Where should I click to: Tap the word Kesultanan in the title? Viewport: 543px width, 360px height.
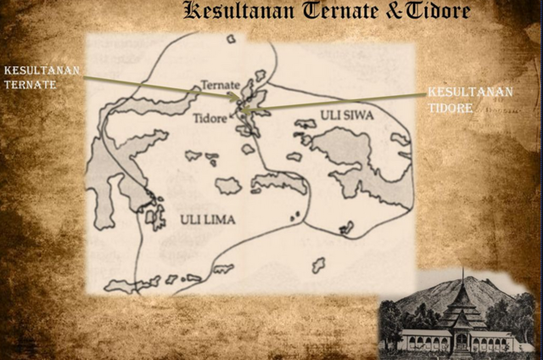click(x=234, y=12)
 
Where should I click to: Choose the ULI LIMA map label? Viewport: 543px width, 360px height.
click(x=207, y=219)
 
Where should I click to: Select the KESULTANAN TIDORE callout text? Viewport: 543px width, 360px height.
click(x=470, y=98)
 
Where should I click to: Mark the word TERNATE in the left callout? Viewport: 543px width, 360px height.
click(x=30, y=86)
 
